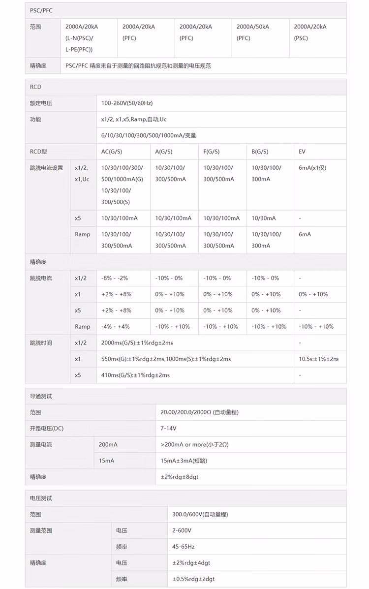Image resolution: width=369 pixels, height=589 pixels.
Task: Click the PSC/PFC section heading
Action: [x=41, y=10]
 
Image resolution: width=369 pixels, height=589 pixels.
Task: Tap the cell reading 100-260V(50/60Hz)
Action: [x=127, y=103]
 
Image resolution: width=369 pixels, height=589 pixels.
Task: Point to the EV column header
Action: [x=302, y=152]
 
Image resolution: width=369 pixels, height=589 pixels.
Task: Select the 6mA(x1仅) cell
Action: [x=312, y=168]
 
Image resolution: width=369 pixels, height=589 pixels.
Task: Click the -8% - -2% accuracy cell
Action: [x=115, y=278]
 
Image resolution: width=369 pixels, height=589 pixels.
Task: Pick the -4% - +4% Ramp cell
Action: [x=116, y=326]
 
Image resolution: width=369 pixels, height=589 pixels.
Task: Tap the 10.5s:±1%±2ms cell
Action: [x=319, y=359]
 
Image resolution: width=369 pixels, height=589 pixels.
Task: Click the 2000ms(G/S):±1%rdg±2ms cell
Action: [x=137, y=342]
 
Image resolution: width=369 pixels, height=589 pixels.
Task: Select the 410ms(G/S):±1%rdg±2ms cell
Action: [x=135, y=375]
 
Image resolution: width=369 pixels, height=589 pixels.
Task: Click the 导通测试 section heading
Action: [x=41, y=396]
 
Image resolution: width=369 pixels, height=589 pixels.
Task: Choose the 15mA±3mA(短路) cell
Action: [x=184, y=461]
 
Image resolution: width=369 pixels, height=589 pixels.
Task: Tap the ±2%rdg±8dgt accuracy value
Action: [x=180, y=477]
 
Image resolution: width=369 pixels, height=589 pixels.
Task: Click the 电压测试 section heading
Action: [x=41, y=498]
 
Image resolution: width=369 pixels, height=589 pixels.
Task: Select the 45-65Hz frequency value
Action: [x=184, y=547]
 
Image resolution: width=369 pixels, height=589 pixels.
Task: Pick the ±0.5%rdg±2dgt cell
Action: [x=193, y=579]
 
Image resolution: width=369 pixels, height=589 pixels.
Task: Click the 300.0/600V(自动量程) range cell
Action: [x=200, y=514]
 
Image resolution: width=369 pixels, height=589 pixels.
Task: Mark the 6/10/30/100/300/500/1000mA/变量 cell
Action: [x=149, y=135]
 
